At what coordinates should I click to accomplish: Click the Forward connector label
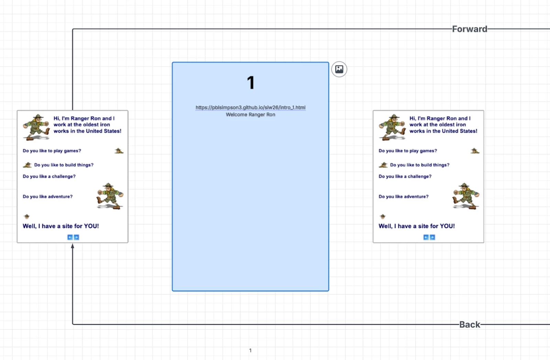[470, 29]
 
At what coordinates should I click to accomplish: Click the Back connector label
[470, 324]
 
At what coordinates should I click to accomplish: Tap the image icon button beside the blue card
[339, 69]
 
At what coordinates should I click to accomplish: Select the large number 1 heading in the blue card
[251, 82]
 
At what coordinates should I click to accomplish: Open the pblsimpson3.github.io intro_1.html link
[251, 108]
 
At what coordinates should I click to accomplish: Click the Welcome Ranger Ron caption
[251, 115]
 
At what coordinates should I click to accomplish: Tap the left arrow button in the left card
[70, 237]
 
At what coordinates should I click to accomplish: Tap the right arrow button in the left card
[76, 237]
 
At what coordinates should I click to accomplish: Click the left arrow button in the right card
[426, 237]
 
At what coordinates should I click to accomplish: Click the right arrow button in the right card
[432, 237]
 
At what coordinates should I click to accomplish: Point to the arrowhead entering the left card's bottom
[73, 246]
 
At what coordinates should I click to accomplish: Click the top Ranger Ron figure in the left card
[36, 127]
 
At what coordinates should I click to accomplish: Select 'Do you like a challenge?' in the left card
[49, 176]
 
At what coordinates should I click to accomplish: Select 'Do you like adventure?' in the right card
[404, 196]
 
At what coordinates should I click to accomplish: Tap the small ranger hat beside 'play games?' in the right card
[475, 151]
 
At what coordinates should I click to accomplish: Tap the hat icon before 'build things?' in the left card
[27, 165]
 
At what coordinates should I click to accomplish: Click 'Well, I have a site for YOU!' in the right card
[416, 226]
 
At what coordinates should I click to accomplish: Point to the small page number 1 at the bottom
[251, 350]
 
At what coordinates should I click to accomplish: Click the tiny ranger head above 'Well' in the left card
[26, 216]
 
